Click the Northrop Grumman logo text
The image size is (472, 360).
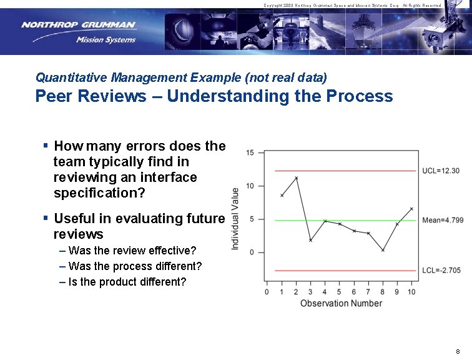point(78,25)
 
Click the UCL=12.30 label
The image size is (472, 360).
point(441,171)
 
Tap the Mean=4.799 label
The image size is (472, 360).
point(443,220)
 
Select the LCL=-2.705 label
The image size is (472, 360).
point(441,271)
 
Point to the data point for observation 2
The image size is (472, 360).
point(296,178)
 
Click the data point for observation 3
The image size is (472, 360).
point(310,240)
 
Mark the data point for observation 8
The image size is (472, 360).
point(383,250)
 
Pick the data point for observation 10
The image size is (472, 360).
point(411,209)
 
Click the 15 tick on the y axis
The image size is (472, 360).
point(250,152)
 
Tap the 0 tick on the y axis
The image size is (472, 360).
point(252,252)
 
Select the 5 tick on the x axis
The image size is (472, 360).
point(339,292)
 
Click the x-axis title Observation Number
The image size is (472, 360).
point(341,304)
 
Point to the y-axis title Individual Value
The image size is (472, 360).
point(235,219)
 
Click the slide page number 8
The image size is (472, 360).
point(458,351)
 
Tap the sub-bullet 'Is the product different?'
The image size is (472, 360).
point(127,282)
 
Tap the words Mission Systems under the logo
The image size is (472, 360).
point(106,40)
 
